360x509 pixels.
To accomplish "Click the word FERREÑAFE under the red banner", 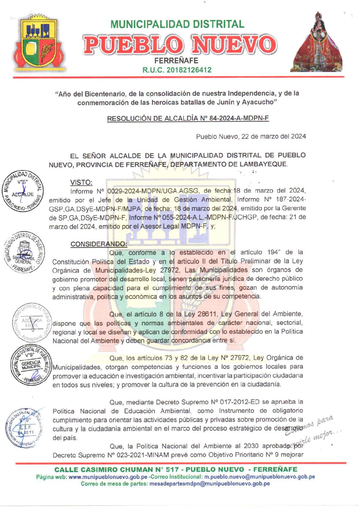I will (x=176, y=60).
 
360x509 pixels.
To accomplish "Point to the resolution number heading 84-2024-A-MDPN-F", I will (x=188, y=118).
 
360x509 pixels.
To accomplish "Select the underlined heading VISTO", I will (x=81, y=182).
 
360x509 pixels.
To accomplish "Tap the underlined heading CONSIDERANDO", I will (x=99, y=244).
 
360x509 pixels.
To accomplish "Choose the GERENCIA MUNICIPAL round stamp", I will (x=31, y=365).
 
